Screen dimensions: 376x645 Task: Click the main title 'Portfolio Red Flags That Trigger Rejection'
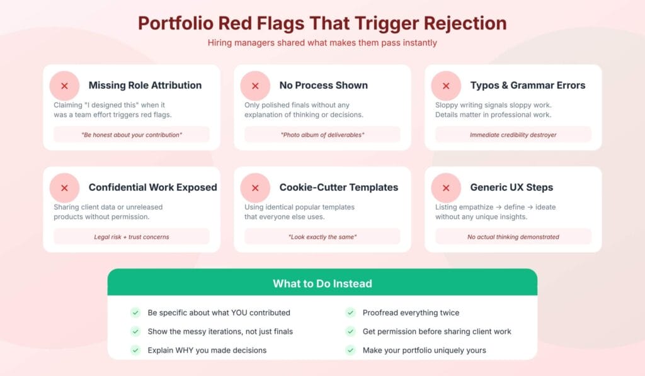(x=322, y=23)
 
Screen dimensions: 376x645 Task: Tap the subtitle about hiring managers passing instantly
(x=322, y=43)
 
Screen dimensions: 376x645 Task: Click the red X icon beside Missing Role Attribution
(x=64, y=86)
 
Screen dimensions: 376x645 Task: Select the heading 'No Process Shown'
(x=323, y=86)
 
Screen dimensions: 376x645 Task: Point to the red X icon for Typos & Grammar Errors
(x=446, y=86)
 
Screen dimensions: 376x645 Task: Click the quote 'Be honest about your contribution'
(x=131, y=135)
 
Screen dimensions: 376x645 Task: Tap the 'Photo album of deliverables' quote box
(x=322, y=135)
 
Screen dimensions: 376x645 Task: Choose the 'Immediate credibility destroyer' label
(x=513, y=135)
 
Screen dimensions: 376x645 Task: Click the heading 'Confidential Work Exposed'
(x=152, y=188)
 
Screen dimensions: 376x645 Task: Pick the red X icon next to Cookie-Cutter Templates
(x=255, y=188)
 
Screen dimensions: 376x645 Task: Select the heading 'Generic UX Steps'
(x=511, y=188)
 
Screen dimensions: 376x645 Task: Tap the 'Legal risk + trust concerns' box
(x=131, y=237)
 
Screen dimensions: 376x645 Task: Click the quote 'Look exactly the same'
(x=322, y=237)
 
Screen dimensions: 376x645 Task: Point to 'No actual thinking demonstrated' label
(x=513, y=237)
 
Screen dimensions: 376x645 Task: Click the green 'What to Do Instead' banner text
(x=322, y=283)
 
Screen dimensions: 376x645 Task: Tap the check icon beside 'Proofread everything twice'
(x=350, y=312)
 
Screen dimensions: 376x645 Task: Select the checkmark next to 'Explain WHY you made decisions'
(x=135, y=350)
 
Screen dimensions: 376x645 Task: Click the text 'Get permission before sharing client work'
(x=437, y=331)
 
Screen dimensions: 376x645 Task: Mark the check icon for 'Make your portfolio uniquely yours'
(x=350, y=350)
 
